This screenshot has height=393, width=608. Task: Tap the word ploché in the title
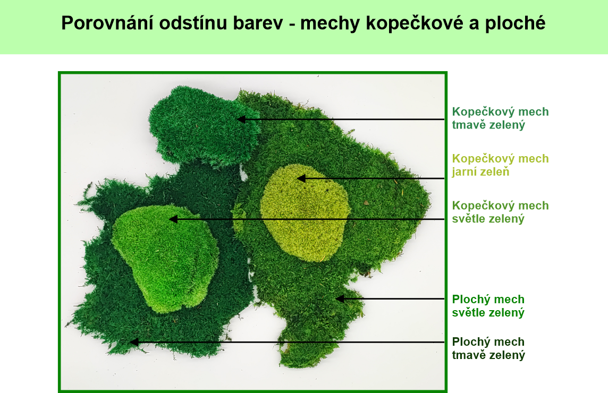tap(515, 24)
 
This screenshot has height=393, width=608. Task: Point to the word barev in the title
tap(258, 24)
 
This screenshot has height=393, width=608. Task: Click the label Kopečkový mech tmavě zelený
tap(500, 118)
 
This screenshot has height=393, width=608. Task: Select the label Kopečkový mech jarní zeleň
tap(500, 165)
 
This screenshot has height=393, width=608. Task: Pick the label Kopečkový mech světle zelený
tap(500, 212)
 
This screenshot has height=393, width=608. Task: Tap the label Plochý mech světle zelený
tap(488, 306)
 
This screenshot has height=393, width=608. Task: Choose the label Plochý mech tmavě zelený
tap(488, 348)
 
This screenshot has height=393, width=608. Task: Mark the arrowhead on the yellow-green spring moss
tap(301, 178)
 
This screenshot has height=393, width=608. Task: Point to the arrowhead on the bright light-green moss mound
tap(173, 219)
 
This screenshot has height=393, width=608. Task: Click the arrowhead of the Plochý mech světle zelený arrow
tap(340, 299)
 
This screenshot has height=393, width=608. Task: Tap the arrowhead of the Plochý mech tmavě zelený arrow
tap(134, 342)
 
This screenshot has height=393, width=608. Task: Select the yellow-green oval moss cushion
tap(305, 213)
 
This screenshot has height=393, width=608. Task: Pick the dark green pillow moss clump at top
tap(204, 126)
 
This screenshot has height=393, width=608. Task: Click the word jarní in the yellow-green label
tap(465, 172)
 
